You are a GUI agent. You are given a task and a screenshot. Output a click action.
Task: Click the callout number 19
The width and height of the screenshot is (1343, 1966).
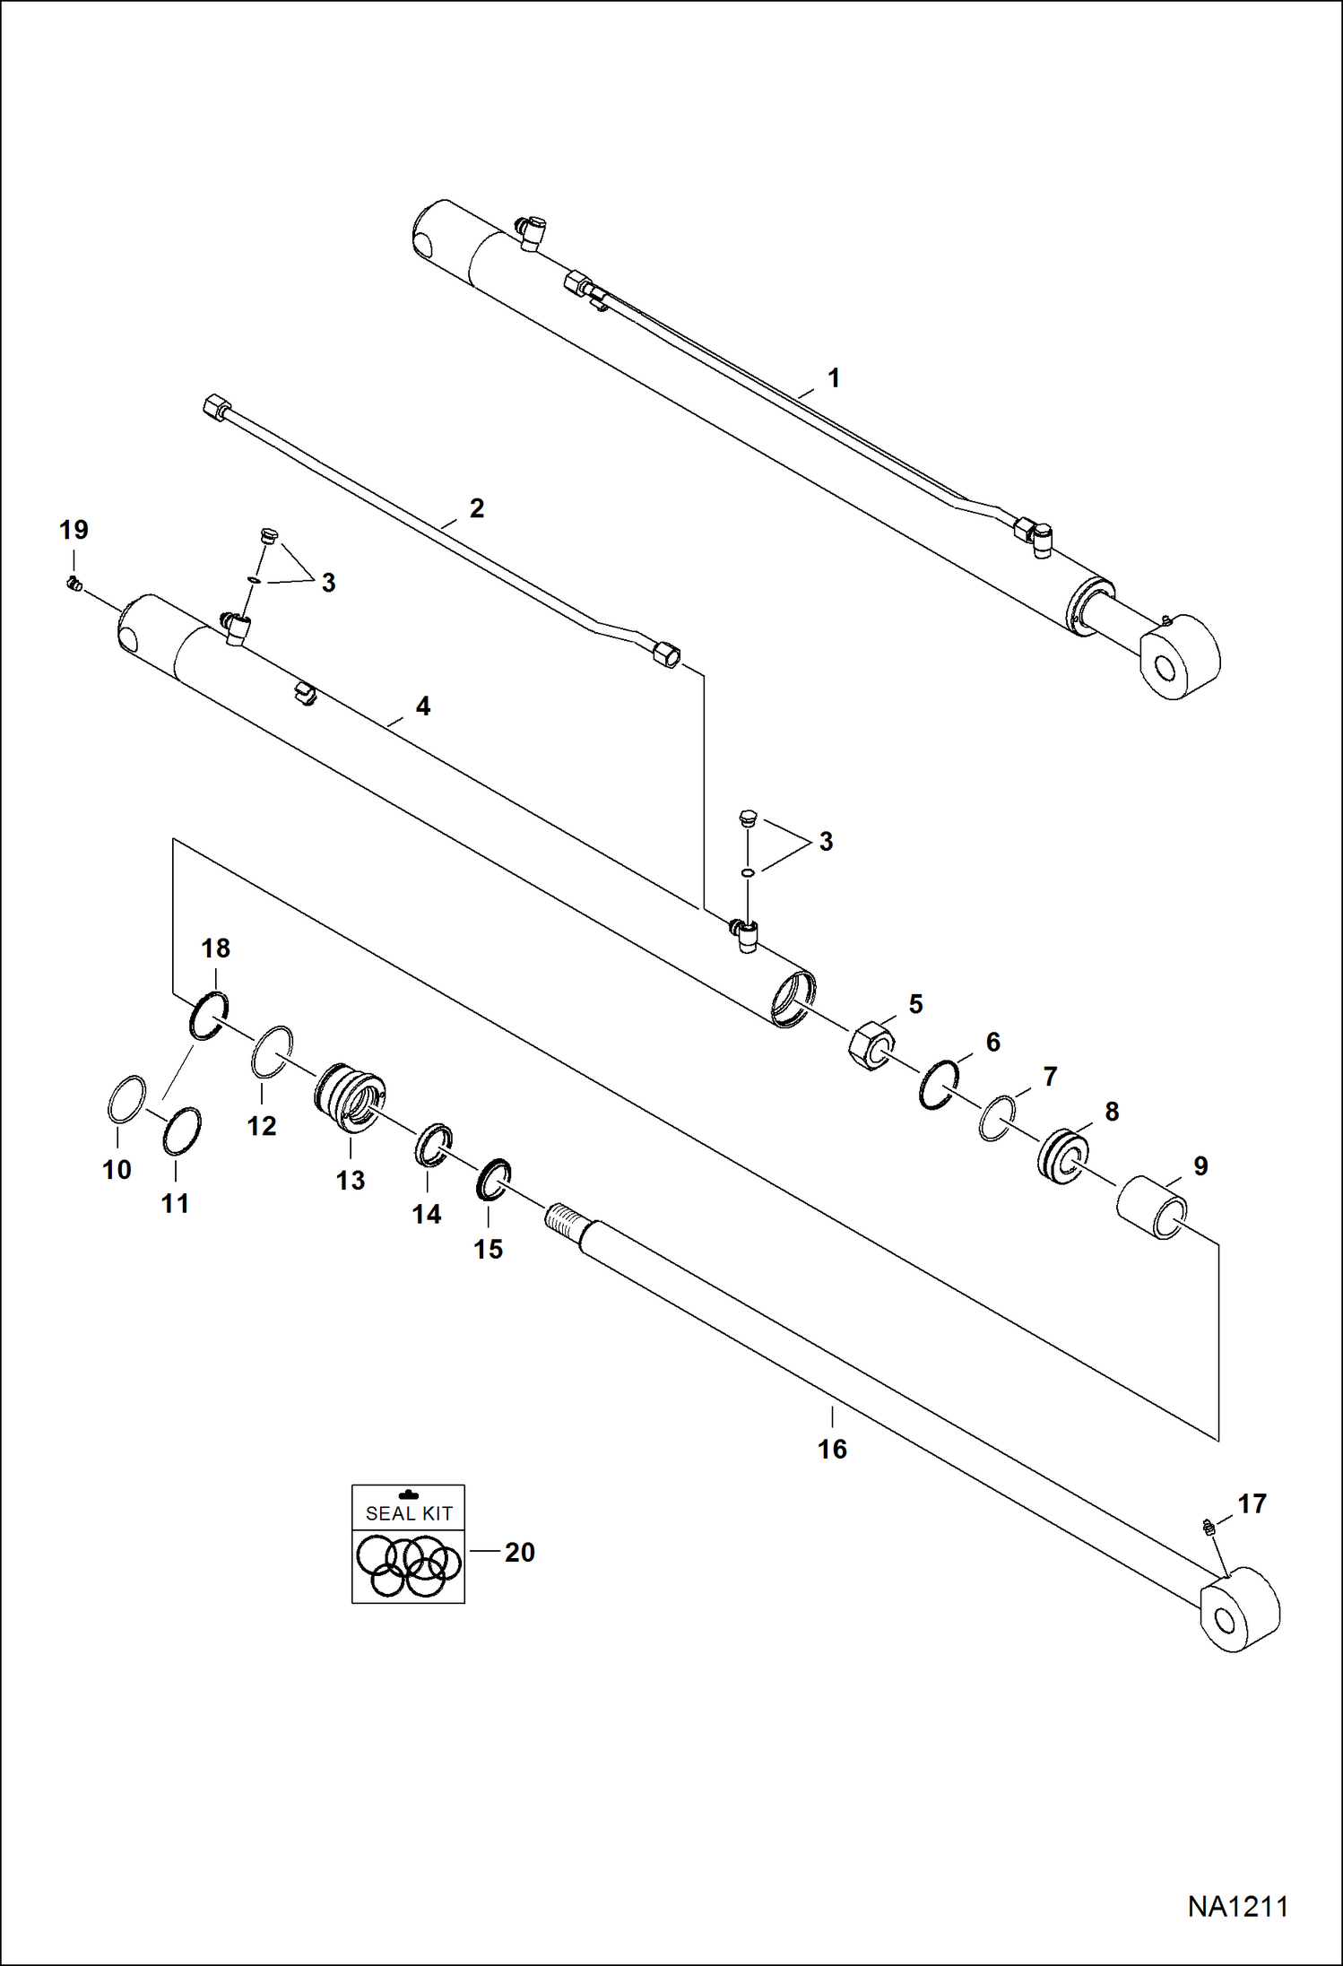74,530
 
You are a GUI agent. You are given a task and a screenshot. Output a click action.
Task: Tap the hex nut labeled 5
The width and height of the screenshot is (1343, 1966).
871,1044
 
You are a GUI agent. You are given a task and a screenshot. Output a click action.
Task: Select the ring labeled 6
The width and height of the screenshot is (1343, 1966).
939,1083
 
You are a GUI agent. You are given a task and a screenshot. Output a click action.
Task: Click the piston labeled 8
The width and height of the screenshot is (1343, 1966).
1063,1156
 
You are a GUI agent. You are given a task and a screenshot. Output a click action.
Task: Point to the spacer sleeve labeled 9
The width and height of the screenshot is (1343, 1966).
1151,1207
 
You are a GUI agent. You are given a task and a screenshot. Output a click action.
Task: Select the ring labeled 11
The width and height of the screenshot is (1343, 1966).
182,1131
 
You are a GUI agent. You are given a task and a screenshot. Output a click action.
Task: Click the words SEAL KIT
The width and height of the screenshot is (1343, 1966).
409,1513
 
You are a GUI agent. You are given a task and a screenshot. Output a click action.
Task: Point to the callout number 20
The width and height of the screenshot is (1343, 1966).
519,1552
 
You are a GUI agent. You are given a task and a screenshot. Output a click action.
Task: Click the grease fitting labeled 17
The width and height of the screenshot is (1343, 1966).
1208,1525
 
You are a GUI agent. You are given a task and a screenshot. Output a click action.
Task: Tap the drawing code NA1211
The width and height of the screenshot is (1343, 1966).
1237,1907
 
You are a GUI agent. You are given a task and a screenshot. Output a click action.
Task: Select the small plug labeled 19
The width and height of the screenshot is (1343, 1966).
75,585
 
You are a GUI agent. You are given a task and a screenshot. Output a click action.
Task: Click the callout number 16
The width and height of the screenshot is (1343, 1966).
831,1450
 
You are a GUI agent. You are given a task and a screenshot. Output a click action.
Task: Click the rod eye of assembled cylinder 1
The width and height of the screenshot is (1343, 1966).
1179,659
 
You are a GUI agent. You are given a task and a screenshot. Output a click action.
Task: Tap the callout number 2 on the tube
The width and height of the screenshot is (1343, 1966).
476,508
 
